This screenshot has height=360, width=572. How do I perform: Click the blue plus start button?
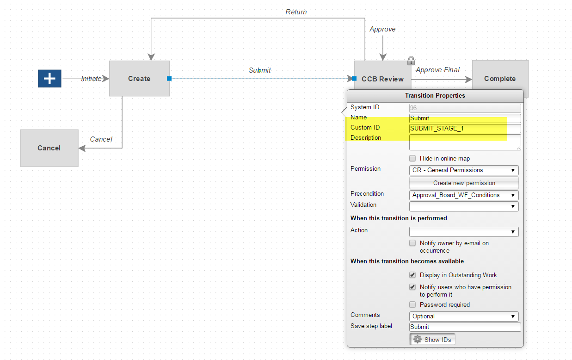click(x=49, y=79)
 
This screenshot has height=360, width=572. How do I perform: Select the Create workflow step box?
click(x=139, y=79)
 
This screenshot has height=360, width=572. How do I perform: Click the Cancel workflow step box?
click(x=49, y=148)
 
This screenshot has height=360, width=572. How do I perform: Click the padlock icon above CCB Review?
click(x=411, y=61)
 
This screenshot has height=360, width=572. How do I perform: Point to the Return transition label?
click(x=296, y=12)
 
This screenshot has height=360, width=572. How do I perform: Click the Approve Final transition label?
click(x=437, y=70)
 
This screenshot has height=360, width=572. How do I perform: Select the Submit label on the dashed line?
click(x=259, y=70)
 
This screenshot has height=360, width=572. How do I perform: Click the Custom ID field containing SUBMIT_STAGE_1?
click(x=465, y=129)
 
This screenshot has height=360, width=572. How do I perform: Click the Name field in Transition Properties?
click(x=465, y=118)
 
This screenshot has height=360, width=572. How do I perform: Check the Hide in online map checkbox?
click(x=412, y=158)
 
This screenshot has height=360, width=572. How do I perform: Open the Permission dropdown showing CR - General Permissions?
click(x=464, y=170)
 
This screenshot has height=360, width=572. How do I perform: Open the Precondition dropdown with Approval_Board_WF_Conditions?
click(x=464, y=195)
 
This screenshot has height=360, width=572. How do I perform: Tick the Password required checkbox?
click(x=412, y=304)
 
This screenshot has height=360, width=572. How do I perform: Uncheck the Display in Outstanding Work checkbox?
click(x=412, y=275)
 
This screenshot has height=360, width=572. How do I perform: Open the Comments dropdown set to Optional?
click(x=464, y=317)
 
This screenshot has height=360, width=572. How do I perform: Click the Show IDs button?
click(x=432, y=340)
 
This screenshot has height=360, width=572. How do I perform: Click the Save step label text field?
click(x=465, y=327)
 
